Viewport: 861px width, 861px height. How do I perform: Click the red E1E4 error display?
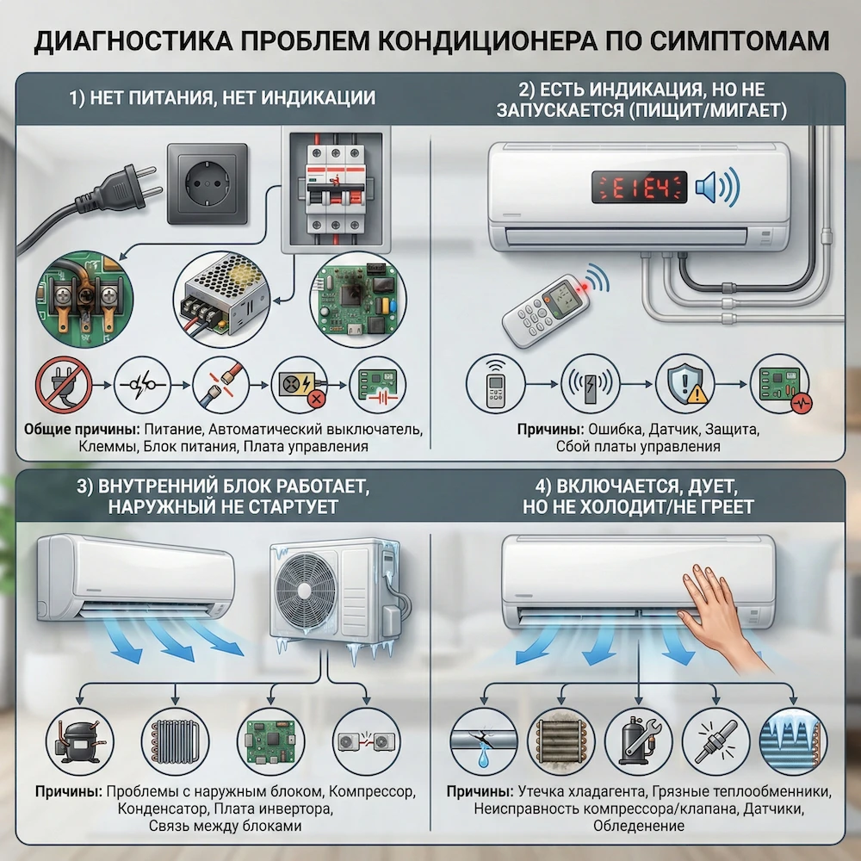[638, 186]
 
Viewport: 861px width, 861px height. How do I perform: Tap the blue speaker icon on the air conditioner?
[716, 186]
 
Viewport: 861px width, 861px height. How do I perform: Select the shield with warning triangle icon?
[684, 386]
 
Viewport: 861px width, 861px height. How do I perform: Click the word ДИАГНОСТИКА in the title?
[124, 41]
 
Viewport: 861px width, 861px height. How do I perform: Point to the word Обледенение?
[638, 826]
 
